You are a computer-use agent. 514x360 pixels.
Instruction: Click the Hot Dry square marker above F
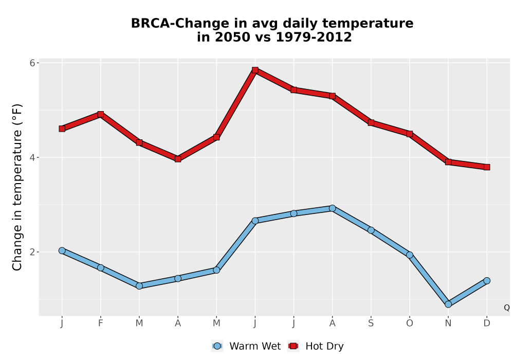pyautogui.click(x=101, y=114)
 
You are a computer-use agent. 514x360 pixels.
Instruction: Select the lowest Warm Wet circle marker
pyautogui.click(x=448, y=304)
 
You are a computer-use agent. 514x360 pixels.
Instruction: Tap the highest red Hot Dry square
pyautogui.click(x=255, y=70)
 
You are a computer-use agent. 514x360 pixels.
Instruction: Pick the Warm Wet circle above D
pyautogui.click(x=487, y=281)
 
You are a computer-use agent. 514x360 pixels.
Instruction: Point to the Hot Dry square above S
pyautogui.click(x=371, y=122)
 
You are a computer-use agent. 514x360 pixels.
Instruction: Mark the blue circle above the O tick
pyautogui.click(x=410, y=255)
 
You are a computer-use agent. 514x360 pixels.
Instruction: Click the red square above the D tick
pyautogui.click(x=487, y=167)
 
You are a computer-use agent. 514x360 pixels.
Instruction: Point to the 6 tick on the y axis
pyautogui.click(x=32, y=63)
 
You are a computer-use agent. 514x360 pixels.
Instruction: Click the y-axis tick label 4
pyautogui.click(x=32, y=157)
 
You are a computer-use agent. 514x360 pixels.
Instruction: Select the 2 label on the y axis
pyautogui.click(x=32, y=252)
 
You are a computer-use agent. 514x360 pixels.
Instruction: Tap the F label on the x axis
pyautogui.click(x=101, y=323)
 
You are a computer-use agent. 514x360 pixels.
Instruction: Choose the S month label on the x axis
pyautogui.click(x=371, y=323)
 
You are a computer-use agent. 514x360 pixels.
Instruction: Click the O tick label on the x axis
pyautogui.click(x=410, y=323)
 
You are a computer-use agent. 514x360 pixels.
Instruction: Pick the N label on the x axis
pyautogui.click(x=448, y=323)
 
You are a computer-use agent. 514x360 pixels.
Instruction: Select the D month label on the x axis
pyautogui.click(x=487, y=323)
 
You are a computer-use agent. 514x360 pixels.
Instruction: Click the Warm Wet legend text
pyautogui.click(x=255, y=346)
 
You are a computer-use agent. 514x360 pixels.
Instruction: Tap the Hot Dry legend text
pyautogui.click(x=324, y=346)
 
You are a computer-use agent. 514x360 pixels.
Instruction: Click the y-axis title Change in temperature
pyautogui.click(x=17, y=187)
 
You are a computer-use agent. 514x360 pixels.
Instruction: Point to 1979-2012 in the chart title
pyautogui.click(x=314, y=37)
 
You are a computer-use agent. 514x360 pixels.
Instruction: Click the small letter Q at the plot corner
pyautogui.click(x=507, y=308)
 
